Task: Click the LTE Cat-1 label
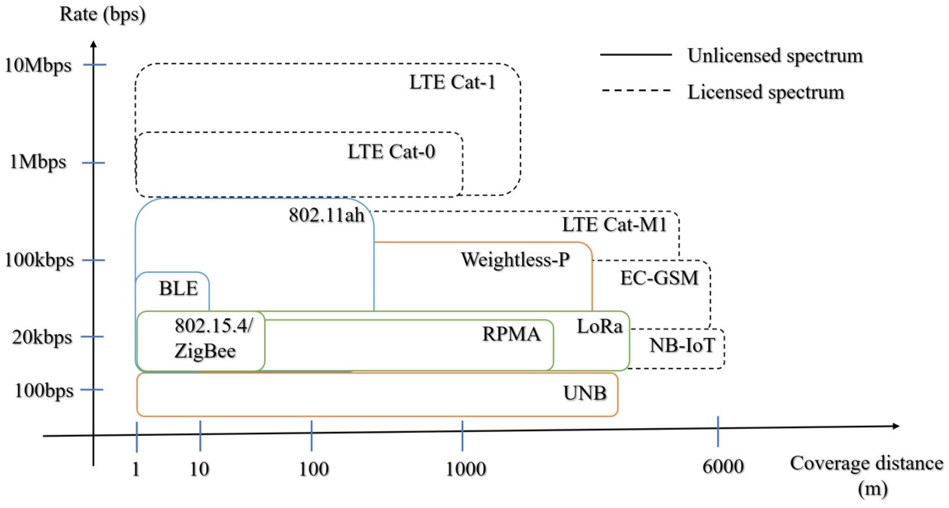(452, 82)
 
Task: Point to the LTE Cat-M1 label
(614, 225)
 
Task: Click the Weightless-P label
(515, 260)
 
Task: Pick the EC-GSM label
(659, 278)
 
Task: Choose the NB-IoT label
(682, 346)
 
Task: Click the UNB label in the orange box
(585, 393)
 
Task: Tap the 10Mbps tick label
(38, 66)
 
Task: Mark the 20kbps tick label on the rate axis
(42, 337)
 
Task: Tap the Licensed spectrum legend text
(765, 92)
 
